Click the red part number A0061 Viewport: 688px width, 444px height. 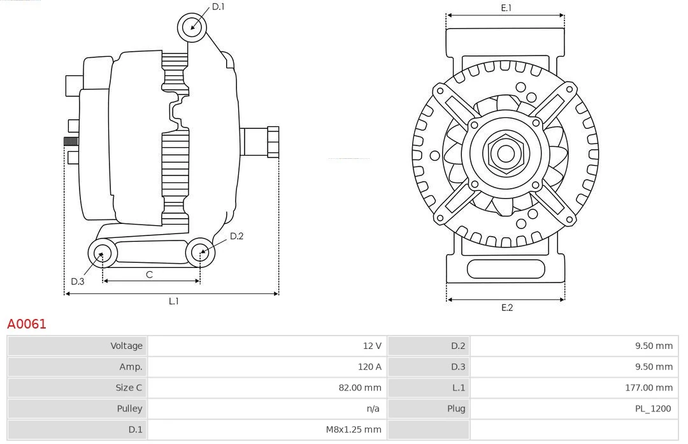click(x=27, y=324)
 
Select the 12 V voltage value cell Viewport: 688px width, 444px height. click(x=372, y=346)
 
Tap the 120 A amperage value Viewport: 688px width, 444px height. click(x=369, y=367)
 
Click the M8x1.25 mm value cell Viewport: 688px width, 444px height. click(x=354, y=429)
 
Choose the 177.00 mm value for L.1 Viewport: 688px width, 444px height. click(x=649, y=388)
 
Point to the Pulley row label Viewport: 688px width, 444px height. click(x=129, y=408)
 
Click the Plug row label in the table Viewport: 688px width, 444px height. click(x=455, y=408)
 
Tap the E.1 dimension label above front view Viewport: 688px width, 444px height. click(x=506, y=8)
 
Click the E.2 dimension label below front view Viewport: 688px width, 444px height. click(x=506, y=307)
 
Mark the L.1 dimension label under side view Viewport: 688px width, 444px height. click(x=173, y=301)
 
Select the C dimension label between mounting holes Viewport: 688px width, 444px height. click(x=149, y=274)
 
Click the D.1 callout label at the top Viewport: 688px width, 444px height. click(x=218, y=6)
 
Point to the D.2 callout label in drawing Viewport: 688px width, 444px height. click(x=236, y=236)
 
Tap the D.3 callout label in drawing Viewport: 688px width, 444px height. click(x=78, y=281)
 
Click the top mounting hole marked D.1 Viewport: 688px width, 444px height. click(x=193, y=27)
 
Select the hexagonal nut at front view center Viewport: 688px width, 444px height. click(x=505, y=153)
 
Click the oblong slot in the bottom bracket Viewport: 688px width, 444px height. click(x=505, y=269)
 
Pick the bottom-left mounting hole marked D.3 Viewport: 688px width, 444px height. click(x=101, y=253)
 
